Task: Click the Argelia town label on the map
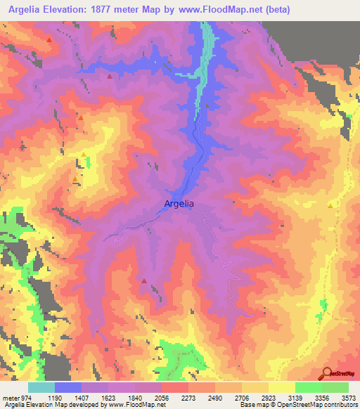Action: [x=179, y=204]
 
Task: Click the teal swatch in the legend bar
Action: [x=41, y=387]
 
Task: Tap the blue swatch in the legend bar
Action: [x=68, y=387]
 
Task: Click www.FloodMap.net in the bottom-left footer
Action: [x=137, y=405]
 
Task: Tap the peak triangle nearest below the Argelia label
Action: [x=145, y=281]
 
